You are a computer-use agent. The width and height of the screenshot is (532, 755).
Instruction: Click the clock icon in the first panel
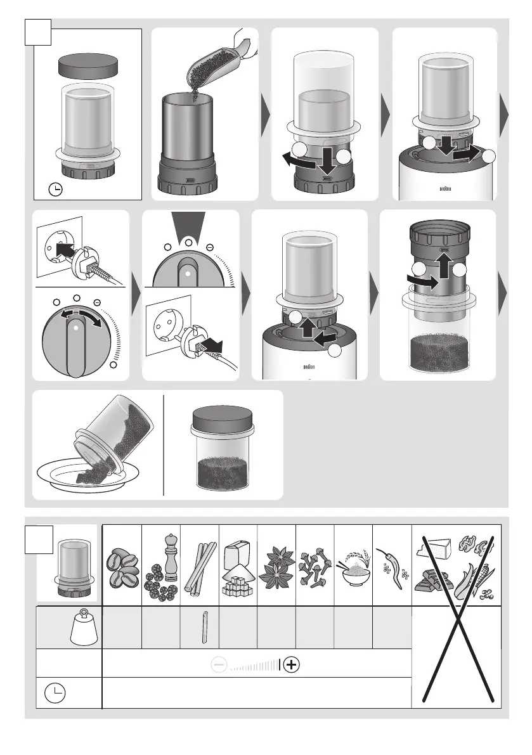[x=56, y=190]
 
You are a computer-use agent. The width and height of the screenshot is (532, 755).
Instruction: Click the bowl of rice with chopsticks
[x=354, y=568]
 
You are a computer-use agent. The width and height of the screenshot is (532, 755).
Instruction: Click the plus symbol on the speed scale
[x=291, y=664]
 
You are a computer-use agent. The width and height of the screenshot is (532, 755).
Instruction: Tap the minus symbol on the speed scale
[x=219, y=664]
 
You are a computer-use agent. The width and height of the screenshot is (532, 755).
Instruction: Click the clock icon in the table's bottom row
[x=55, y=693]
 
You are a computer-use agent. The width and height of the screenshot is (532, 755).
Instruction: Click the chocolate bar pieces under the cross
[x=432, y=580]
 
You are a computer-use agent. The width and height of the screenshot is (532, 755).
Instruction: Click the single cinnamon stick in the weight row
[x=205, y=627]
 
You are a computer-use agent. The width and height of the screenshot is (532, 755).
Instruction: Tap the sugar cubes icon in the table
[x=237, y=568]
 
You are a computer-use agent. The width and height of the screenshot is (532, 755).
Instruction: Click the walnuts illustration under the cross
[x=475, y=545]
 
